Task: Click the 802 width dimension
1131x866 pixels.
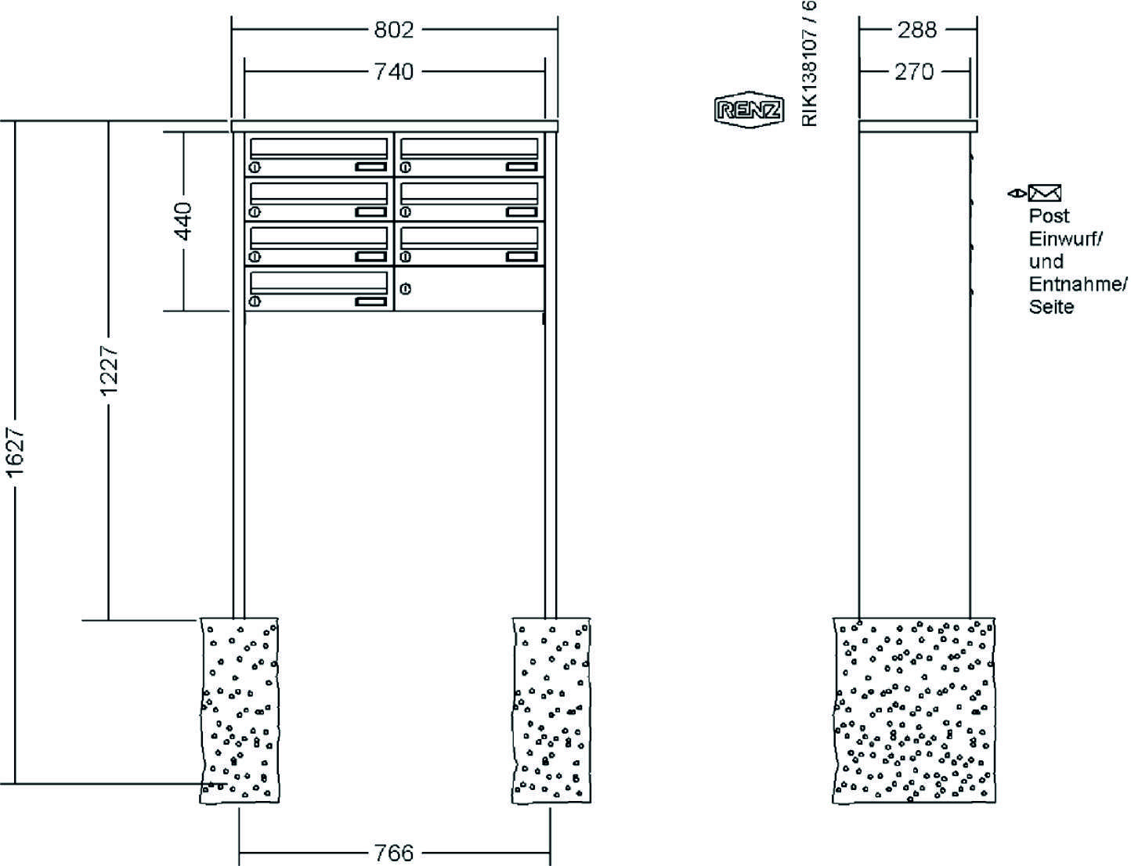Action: coord(393,30)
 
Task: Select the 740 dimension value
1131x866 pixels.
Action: coord(393,72)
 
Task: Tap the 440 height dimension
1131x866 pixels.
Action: coord(182,221)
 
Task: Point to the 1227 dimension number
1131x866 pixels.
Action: coord(107,370)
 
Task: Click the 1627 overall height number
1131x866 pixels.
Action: coord(16,452)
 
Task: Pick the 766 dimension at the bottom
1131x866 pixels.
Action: coord(393,852)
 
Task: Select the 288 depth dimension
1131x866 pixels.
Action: coord(916,30)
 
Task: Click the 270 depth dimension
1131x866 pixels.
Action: coord(914,72)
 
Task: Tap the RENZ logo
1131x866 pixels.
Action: coord(749,110)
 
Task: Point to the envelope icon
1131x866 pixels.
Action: coord(1044,193)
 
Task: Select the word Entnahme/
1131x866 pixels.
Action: coord(1078,283)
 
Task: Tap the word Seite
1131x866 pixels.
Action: coord(1051,307)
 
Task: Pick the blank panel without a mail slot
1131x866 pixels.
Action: coord(468,290)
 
